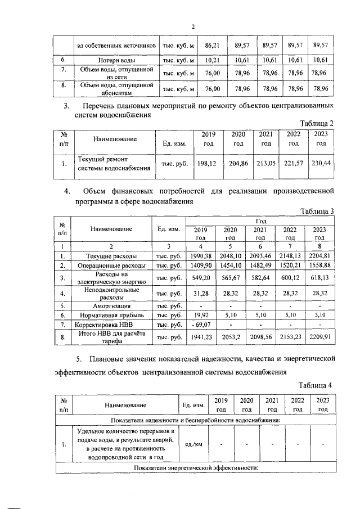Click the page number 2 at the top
192,26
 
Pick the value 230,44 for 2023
321,162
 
